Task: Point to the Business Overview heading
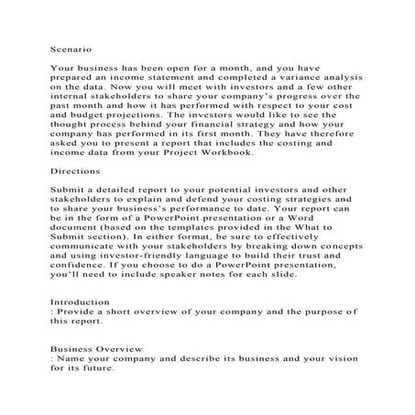[x=96, y=348]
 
